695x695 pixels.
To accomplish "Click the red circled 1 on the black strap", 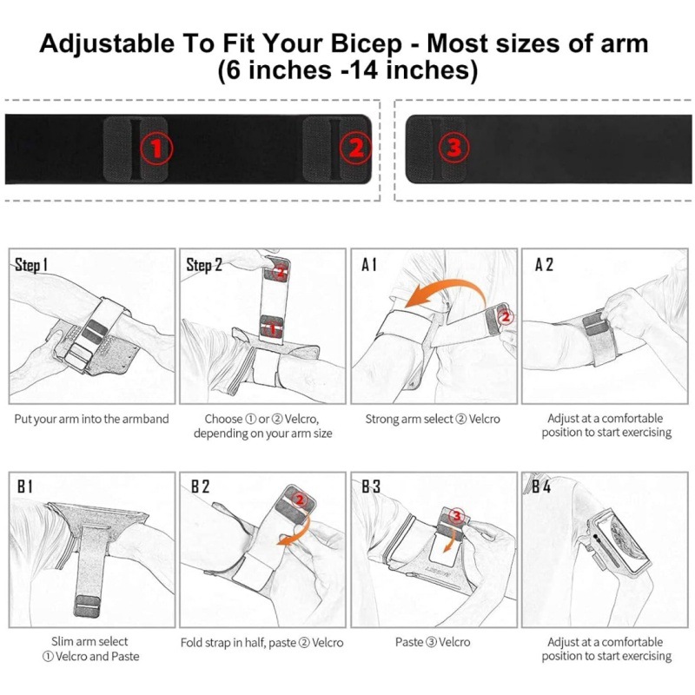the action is pos(156,148).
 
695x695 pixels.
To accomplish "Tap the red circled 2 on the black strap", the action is pos(356,148).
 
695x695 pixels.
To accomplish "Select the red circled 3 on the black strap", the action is pos(453,146).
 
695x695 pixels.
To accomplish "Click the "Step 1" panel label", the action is pos(31,265).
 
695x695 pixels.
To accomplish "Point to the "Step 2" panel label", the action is pos(204,265).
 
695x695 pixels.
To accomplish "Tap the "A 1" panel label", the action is pos(368,265).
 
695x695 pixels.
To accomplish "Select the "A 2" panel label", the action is pos(544,265).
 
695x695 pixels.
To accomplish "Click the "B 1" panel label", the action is pos(25,486).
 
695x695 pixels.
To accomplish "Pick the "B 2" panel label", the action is pos(200,486).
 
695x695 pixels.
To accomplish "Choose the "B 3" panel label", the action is pos(371,486).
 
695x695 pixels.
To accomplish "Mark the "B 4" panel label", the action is pos(541,486).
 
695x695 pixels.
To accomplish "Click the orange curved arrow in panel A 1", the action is pos(447,284).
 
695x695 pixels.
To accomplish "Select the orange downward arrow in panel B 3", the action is pos(451,537).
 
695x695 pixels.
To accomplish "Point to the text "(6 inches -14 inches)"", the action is pos(347,70).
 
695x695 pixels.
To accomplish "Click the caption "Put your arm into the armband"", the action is pos(92,419).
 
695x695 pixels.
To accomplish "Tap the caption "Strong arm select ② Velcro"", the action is pos(433,419).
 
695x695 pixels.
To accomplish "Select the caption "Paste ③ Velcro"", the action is pos(433,642).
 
